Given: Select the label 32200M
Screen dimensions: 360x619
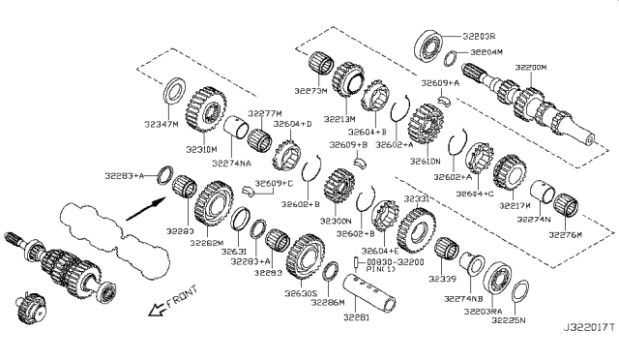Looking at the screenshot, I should pos(530,68).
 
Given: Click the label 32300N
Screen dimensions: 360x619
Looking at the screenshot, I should pos(336,222).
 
